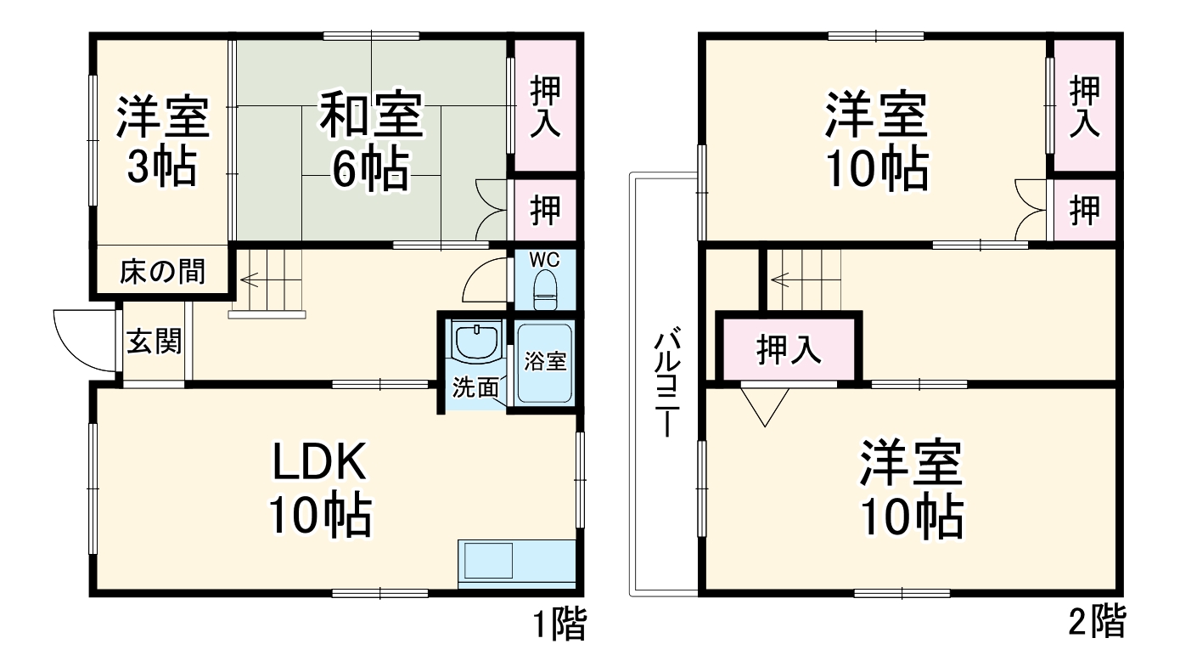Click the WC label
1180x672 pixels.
[x=543, y=259]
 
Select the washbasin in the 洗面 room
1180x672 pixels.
[x=475, y=342]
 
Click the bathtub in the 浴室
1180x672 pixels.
[x=543, y=364]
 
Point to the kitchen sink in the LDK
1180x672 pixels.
[x=487, y=562]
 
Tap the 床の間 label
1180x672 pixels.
[x=161, y=272]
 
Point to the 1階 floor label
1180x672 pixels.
[x=559, y=626]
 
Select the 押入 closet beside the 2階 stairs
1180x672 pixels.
[x=789, y=348]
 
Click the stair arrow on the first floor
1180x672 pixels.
[x=251, y=278]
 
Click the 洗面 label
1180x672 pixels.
[x=475, y=388]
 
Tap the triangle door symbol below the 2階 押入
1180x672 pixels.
[x=765, y=404]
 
